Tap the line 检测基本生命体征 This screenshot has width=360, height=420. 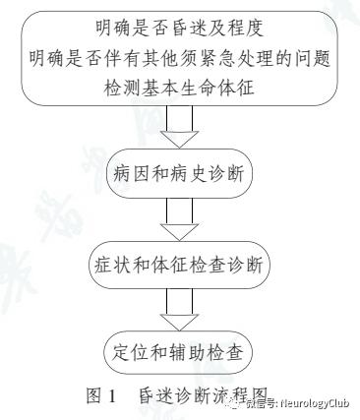(x=180, y=87)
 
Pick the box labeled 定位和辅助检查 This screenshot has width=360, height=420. (x=179, y=351)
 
